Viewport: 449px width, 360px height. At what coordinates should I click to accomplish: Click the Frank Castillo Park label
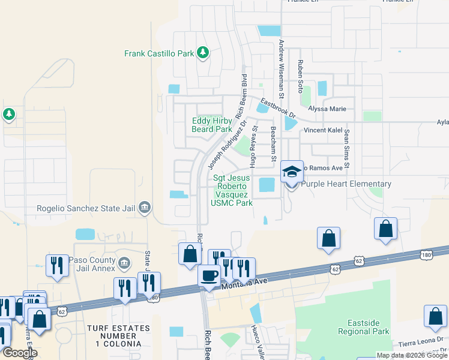coord(159,53)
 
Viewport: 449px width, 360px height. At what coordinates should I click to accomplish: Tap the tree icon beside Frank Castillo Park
coord(203,53)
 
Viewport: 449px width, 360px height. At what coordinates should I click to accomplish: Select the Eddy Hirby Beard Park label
coord(212,125)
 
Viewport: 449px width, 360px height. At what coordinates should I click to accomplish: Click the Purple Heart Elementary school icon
coord(292,172)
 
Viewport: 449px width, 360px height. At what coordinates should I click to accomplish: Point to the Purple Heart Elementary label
coord(346,184)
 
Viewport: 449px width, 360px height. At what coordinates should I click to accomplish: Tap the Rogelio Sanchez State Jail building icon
coord(145,208)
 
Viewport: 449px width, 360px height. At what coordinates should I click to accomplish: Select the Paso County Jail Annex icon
coord(124,262)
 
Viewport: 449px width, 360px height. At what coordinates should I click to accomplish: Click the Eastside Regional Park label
coord(364,327)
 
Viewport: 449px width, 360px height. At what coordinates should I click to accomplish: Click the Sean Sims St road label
coord(346,151)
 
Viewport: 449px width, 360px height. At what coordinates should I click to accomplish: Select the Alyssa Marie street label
coord(327,109)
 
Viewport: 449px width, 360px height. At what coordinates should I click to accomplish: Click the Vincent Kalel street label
coord(322,130)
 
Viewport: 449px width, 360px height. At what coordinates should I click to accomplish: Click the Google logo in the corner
coord(20,353)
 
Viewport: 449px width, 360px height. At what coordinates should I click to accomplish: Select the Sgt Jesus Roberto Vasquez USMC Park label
coord(233,190)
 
